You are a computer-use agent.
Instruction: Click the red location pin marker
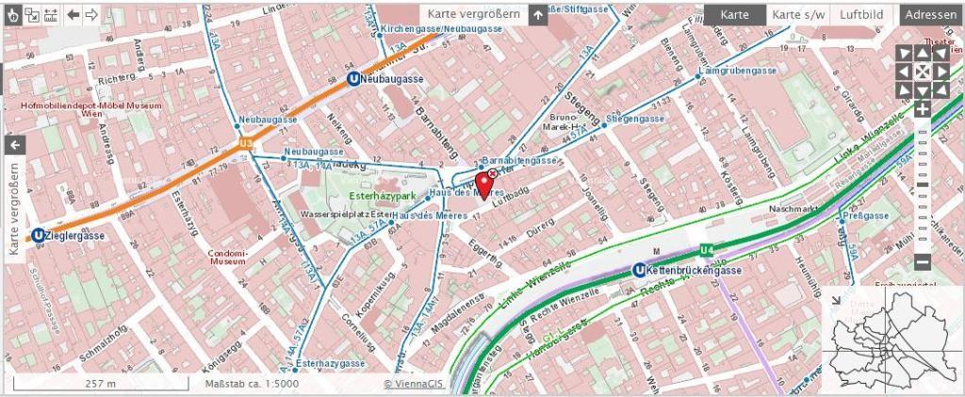click(x=484, y=184)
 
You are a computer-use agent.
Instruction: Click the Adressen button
click(x=931, y=15)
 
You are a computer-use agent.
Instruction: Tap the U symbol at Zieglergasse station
click(x=38, y=237)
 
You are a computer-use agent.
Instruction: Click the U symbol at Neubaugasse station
click(x=352, y=80)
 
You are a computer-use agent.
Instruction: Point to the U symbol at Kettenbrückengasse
click(x=639, y=272)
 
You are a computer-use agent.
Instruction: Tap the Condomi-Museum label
click(x=226, y=258)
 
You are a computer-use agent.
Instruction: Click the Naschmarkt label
click(x=792, y=208)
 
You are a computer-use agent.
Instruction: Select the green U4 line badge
click(x=708, y=250)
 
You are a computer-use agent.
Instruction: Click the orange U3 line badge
click(x=247, y=143)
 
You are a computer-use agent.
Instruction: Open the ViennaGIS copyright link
click(x=414, y=384)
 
